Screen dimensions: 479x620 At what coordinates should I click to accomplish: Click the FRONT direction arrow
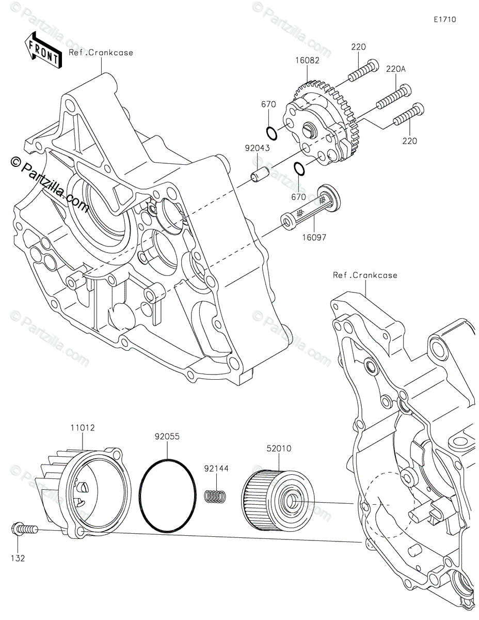click(x=42, y=50)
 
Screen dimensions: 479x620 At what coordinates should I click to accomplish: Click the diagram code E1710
click(x=445, y=20)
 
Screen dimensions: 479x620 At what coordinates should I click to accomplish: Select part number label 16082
click(x=307, y=60)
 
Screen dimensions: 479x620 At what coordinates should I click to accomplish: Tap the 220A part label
click(x=396, y=69)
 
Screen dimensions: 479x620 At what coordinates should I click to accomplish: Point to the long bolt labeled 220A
click(x=394, y=97)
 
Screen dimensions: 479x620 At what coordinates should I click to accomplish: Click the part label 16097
click(x=314, y=237)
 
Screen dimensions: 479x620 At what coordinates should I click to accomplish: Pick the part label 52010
click(x=279, y=448)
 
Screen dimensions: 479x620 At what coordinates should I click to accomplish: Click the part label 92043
click(x=258, y=148)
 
